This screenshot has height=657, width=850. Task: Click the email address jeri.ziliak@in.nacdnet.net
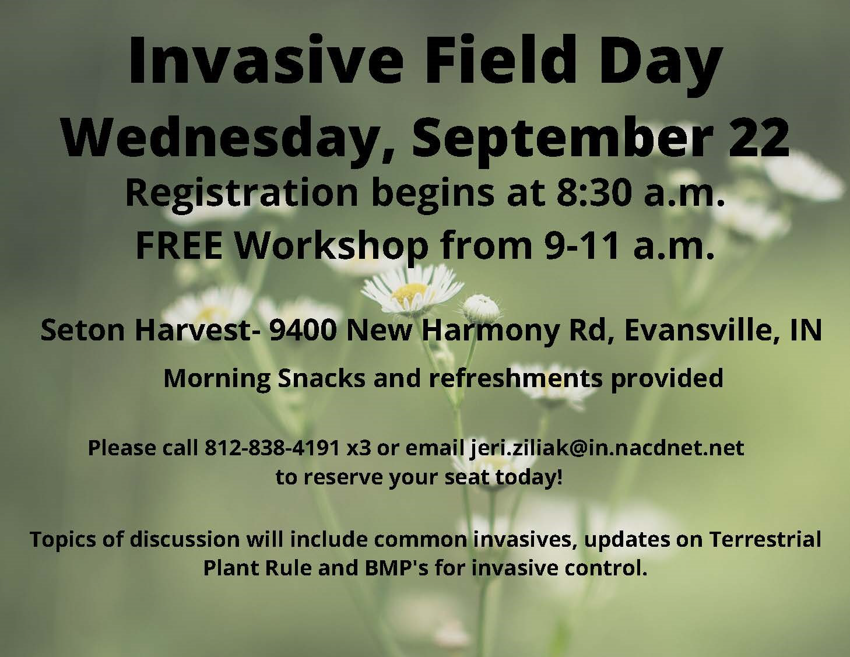[606, 448]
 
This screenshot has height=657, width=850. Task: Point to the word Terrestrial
[765, 539]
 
